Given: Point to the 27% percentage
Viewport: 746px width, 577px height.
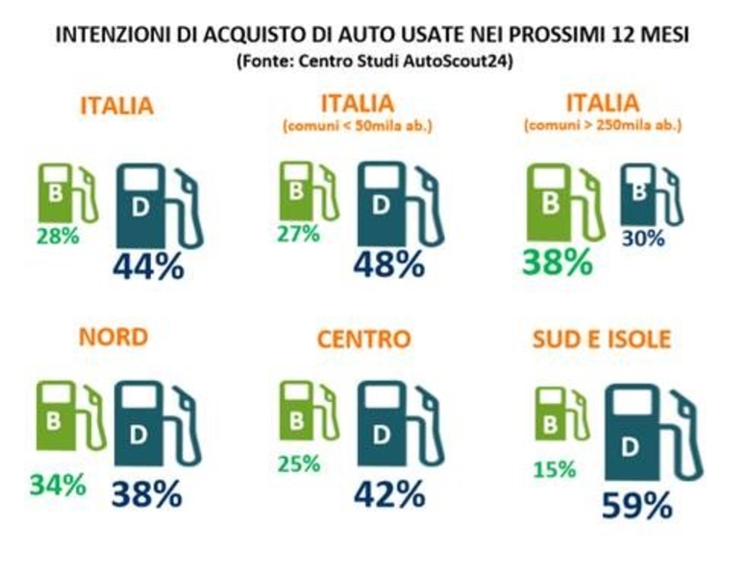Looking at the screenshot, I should [299, 235].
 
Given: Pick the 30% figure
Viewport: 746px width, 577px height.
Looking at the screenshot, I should [642, 238].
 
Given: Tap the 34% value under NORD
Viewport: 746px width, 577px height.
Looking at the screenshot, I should [58, 485].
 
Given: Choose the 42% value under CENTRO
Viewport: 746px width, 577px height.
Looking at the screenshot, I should [388, 493].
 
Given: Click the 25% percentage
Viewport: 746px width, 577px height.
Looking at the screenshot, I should [299, 464].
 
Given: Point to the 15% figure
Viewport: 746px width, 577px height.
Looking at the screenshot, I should [555, 470].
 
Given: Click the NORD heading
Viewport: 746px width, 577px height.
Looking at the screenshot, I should [113, 338].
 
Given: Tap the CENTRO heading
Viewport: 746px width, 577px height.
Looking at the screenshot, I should [363, 339].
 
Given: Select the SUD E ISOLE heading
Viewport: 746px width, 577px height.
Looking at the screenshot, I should [601, 339].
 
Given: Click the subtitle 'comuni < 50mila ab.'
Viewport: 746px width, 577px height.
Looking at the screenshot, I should [357, 125].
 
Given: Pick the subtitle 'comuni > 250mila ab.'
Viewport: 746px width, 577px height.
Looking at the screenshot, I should [603, 125].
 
